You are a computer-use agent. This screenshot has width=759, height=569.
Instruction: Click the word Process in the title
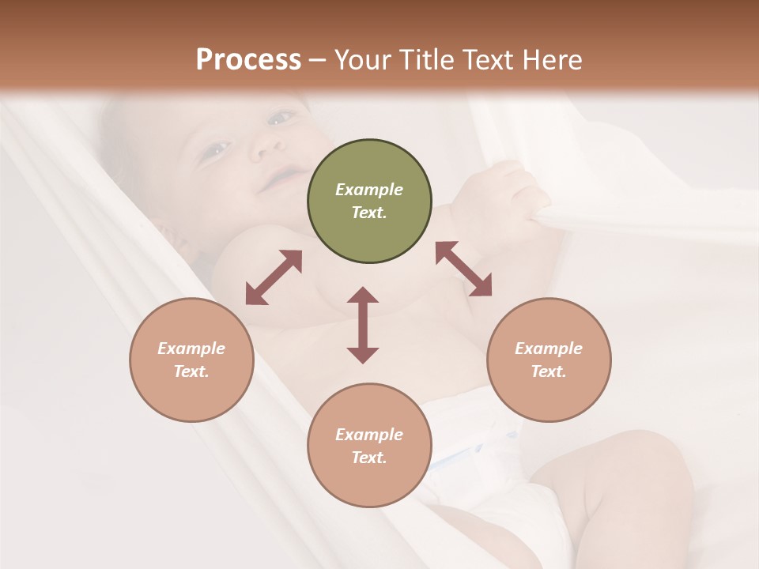coord(248,60)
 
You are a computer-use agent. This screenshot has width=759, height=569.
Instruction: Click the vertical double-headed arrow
coord(363,325)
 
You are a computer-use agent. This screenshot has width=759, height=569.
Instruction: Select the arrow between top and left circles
coord(274,277)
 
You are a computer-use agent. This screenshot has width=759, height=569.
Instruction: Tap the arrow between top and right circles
coord(463,269)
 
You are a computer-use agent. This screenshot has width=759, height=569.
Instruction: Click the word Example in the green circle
coord(369,190)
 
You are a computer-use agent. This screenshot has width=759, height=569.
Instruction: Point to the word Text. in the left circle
coord(191,371)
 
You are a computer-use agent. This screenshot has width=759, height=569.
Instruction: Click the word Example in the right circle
coord(549,349)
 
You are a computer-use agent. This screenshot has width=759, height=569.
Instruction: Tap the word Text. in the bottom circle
coord(369,458)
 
